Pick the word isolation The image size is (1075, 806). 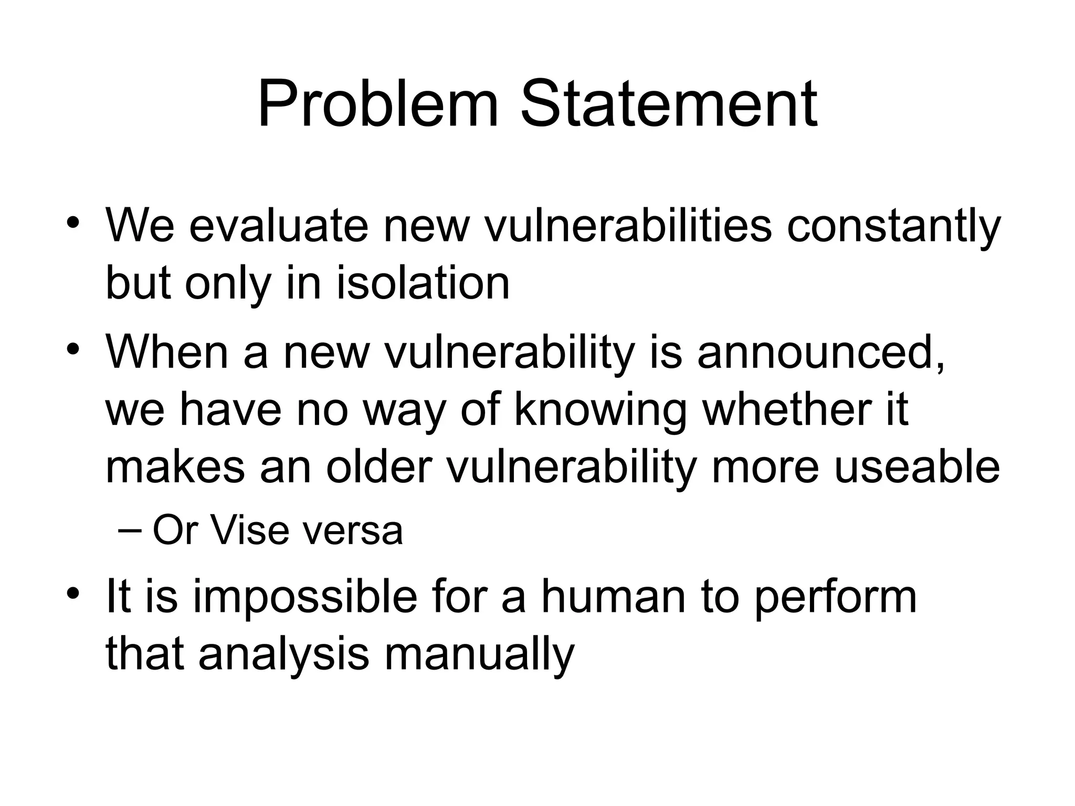point(423,283)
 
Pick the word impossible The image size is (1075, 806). point(305,599)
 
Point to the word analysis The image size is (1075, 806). point(284,656)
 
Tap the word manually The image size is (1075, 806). point(479,656)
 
